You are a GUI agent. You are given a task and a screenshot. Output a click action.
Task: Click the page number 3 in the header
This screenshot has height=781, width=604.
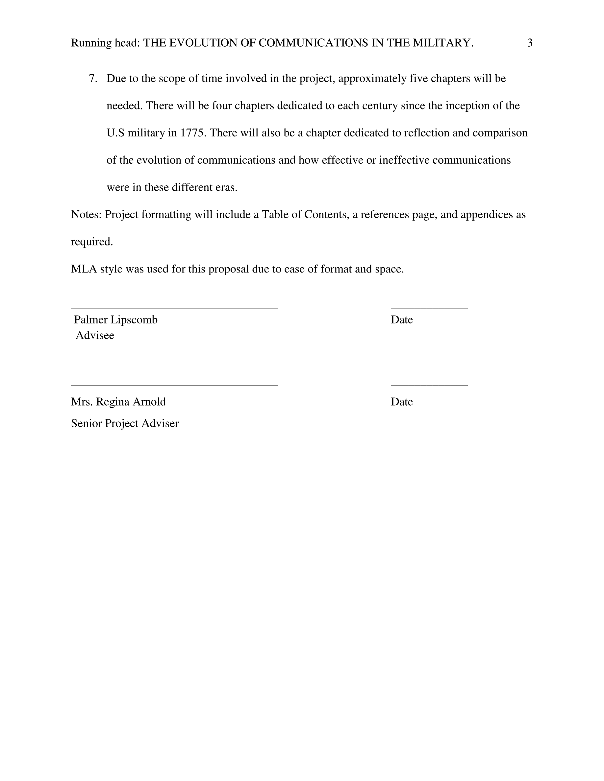530,43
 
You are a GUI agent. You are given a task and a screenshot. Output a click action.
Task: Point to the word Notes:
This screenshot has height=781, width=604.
86,214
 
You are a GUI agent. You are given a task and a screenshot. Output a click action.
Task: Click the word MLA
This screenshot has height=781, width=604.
84,269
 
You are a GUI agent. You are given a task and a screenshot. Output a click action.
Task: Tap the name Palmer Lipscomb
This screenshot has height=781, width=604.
115,319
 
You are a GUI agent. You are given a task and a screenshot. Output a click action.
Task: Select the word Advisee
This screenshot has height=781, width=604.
95,335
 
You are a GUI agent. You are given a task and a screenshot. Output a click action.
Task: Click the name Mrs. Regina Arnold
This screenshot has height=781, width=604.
118,402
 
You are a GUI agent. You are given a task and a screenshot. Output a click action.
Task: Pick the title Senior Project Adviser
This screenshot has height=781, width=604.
125,423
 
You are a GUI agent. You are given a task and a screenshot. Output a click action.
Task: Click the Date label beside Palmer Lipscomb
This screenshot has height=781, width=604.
401,319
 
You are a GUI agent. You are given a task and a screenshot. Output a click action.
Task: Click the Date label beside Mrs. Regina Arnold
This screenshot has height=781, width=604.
401,402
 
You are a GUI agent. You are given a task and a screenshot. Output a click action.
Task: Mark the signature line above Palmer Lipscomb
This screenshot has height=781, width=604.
175,308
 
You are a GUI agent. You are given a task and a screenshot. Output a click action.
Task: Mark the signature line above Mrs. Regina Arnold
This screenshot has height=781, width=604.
175,385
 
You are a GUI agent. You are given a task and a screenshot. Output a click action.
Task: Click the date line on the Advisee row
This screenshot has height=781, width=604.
429,308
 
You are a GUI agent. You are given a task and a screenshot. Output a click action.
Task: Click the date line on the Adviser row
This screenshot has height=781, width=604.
429,385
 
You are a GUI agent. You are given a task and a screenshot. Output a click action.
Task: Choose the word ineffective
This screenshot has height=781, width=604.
404,160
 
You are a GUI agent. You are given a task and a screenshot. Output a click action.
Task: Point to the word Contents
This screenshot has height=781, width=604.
326,214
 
